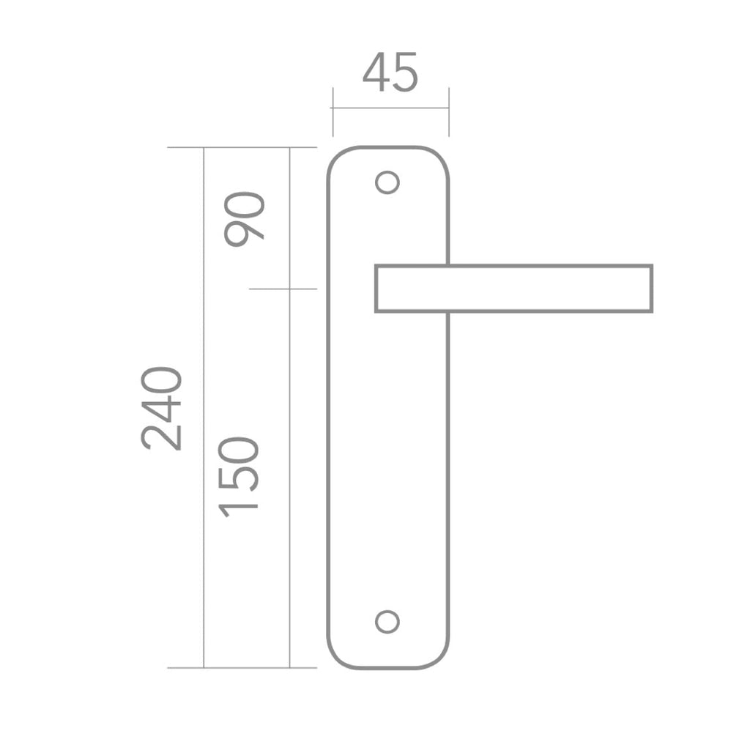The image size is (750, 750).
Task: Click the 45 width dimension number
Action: [390, 73]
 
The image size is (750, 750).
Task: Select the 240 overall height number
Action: [162, 409]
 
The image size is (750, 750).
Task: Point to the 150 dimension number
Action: [238, 478]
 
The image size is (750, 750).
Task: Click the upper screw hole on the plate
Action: [387, 182]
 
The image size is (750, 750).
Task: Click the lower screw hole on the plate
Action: [387, 622]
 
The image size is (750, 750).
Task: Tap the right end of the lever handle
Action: [652, 289]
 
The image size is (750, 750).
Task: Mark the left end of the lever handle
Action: [376, 289]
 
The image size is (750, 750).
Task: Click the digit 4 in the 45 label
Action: [376, 72]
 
